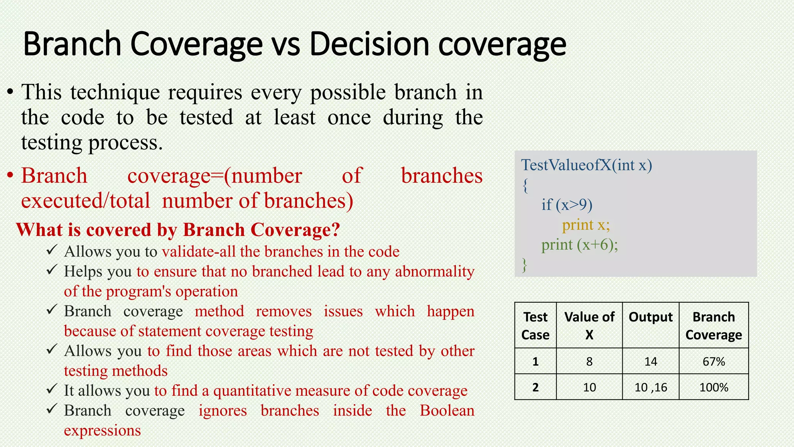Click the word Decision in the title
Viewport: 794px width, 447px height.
369,44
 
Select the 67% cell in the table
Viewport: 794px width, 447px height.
713,361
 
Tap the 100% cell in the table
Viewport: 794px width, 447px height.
713,387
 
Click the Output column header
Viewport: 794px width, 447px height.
650,317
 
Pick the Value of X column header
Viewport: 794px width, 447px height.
589,325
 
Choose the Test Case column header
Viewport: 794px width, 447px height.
535,325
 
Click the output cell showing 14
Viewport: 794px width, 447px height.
650,361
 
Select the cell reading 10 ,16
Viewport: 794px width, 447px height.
650,387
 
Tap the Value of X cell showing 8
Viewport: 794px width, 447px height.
589,361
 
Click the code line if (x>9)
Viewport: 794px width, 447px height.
566,205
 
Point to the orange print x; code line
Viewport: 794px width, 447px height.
586,225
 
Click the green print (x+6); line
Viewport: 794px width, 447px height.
579,245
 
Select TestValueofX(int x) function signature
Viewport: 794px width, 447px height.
586,165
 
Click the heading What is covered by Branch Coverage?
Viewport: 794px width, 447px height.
178,230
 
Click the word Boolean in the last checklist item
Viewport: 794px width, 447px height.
447,411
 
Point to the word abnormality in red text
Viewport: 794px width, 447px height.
435,272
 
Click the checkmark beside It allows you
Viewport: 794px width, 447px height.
52,388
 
